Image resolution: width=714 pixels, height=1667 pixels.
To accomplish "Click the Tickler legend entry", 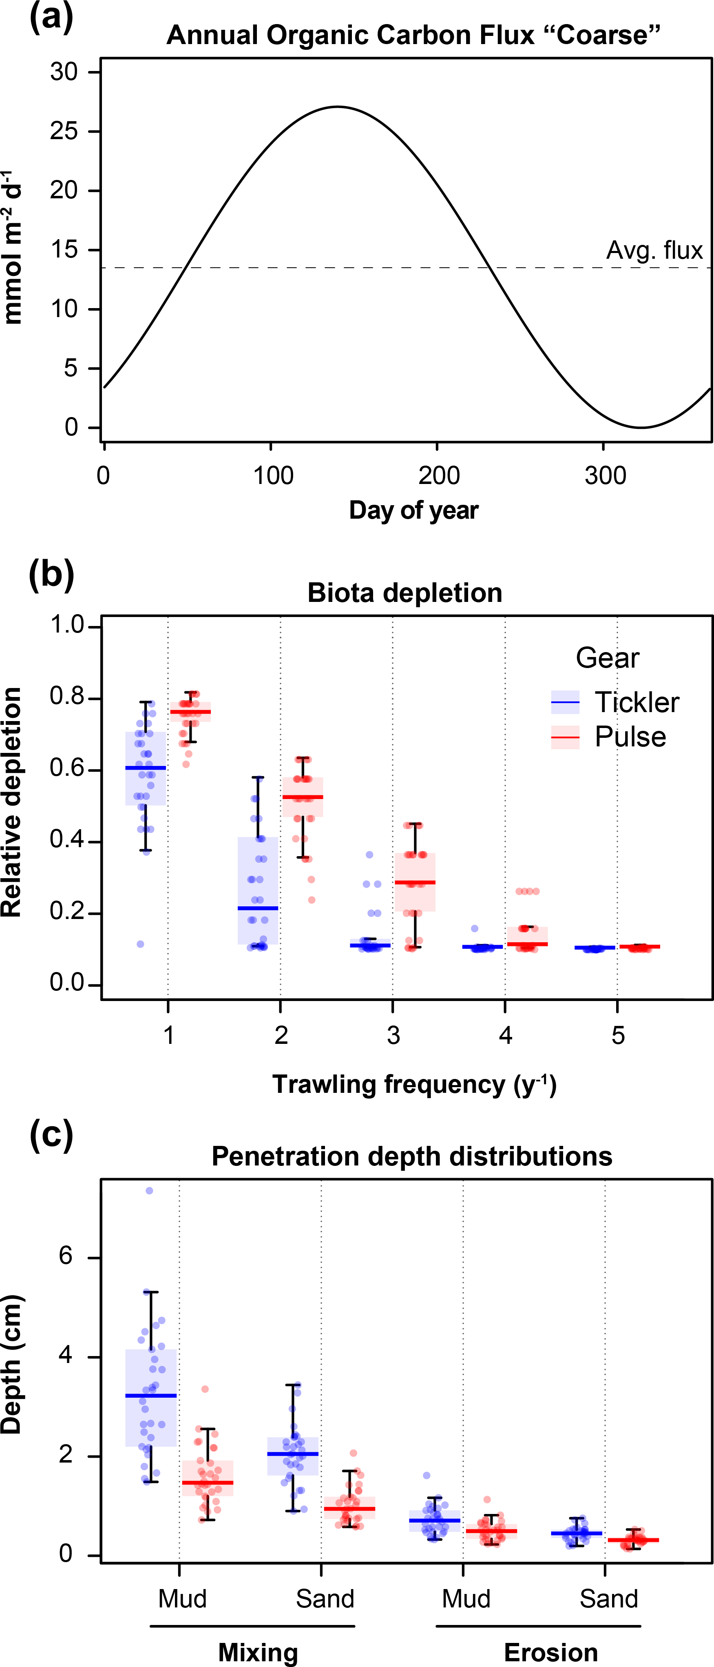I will [615, 702].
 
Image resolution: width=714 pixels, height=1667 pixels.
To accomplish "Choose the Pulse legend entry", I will [608, 737].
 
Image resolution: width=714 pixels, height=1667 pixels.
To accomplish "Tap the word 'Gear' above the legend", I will [607, 658].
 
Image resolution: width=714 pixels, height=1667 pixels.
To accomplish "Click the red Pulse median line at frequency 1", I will [190, 712].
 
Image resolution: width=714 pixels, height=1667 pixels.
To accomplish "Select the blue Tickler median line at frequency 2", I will [258, 908].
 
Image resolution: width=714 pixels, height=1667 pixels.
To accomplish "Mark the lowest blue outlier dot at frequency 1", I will [140, 944].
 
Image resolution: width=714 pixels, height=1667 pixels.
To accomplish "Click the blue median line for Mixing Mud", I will [151, 1396].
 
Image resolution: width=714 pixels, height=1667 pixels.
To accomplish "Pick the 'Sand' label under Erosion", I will [608, 1599].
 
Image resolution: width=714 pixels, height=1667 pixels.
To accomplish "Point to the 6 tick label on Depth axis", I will [66, 1257].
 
